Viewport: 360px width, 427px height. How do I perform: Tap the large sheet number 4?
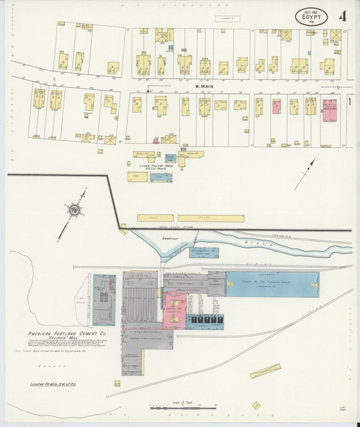click(343, 16)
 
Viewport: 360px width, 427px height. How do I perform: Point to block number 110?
click(183, 50)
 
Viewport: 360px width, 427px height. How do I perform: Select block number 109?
click(174, 149)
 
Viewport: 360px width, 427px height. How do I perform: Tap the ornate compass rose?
click(73, 210)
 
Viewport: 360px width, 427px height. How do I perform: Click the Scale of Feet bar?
click(183, 408)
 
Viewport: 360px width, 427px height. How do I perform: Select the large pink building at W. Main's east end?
click(330, 111)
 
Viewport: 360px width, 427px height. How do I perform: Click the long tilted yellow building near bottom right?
click(265, 371)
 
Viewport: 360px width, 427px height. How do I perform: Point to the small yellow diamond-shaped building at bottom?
click(256, 405)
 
